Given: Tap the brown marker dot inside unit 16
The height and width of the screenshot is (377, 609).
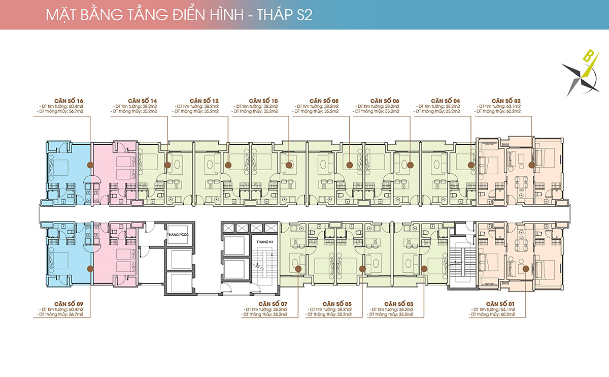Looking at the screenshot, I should click(x=90, y=165).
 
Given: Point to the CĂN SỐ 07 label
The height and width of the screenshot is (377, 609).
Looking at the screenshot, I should click(x=273, y=304).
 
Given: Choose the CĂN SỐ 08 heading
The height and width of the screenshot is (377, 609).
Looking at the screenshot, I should click(x=324, y=101).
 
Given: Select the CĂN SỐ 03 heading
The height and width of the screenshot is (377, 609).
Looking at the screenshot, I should click(x=398, y=304).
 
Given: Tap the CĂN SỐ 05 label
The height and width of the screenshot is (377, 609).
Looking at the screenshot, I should click(x=335, y=304).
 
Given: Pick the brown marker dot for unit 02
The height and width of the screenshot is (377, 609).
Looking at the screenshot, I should click(x=532, y=165).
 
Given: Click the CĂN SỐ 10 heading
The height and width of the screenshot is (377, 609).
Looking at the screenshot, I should click(x=263, y=101).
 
